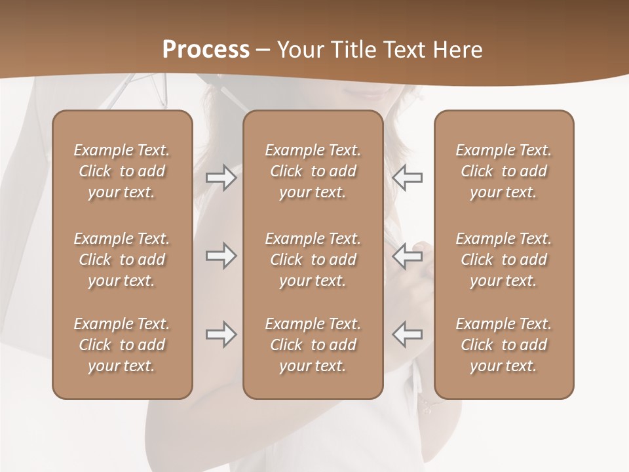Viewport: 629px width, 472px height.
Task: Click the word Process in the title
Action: pos(206,49)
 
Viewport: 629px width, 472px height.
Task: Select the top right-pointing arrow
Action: pos(221,178)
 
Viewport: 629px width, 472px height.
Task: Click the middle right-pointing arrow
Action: pos(221,256)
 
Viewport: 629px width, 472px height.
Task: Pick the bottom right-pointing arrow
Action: pos(221,334)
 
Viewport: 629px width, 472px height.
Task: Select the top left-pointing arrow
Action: pos(407,178)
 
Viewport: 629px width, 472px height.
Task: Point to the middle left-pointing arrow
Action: pos(407,256)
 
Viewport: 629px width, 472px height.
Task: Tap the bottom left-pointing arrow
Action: pos(407,334)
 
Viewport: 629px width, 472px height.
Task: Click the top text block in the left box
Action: pos(122,171)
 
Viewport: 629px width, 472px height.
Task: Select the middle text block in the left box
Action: pos(122,260)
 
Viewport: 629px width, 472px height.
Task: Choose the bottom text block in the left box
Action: pos(122,345)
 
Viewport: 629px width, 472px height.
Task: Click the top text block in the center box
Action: pos(313,171)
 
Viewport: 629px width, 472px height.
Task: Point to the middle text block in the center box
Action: pos(313,260)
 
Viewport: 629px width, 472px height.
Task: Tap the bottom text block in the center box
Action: pos(313,345)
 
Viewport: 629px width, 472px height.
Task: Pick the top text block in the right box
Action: pos(504,171)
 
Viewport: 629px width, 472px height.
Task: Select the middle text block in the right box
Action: pos(504,260)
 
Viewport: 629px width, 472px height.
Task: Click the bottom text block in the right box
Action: pos(504,345)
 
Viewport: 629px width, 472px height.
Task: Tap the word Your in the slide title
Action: pos(299,49)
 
